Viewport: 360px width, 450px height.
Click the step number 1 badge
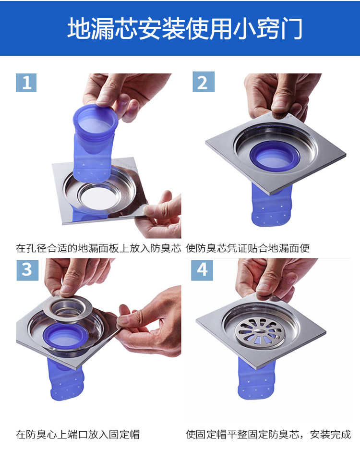coord(26,83)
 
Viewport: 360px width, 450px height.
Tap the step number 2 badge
coord(204,82)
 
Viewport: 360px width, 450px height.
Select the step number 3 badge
coord(27,270)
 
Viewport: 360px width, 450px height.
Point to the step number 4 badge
coord(202,270)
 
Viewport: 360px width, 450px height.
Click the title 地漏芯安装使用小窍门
coord(185,28)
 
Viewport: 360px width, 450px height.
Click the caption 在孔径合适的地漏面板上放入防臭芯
coord(98,248)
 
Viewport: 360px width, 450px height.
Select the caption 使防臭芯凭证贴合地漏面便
coord(248,248)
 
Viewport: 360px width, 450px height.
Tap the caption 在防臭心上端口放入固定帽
coord(78,435)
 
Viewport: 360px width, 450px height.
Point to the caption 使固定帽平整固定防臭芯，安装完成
coord(268,435)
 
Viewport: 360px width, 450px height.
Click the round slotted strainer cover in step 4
coord(260,333)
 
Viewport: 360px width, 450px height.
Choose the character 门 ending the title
coord(291,28)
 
